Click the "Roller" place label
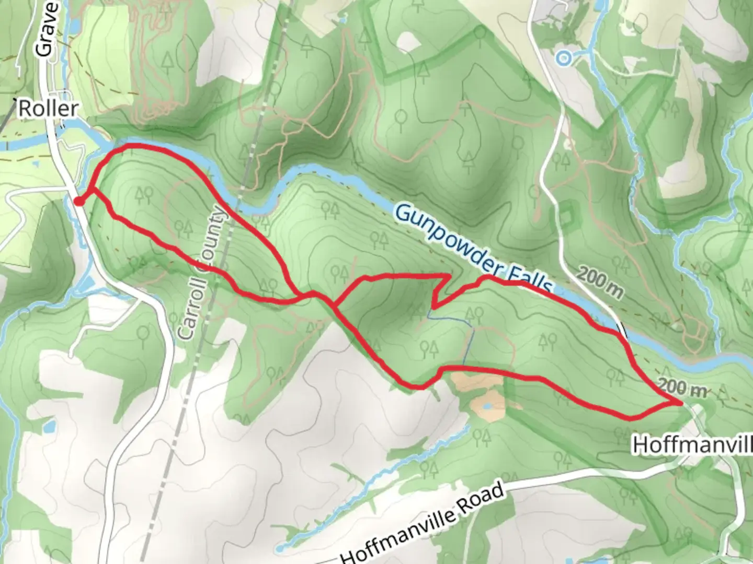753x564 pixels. click(48, 109)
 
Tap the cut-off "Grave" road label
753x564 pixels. click(46, 29)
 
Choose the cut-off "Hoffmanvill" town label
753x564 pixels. click(692, 445)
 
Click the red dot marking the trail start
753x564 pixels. click(78, 202)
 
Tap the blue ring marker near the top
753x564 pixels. click(563, 58)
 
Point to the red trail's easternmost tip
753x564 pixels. click(681, 403)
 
